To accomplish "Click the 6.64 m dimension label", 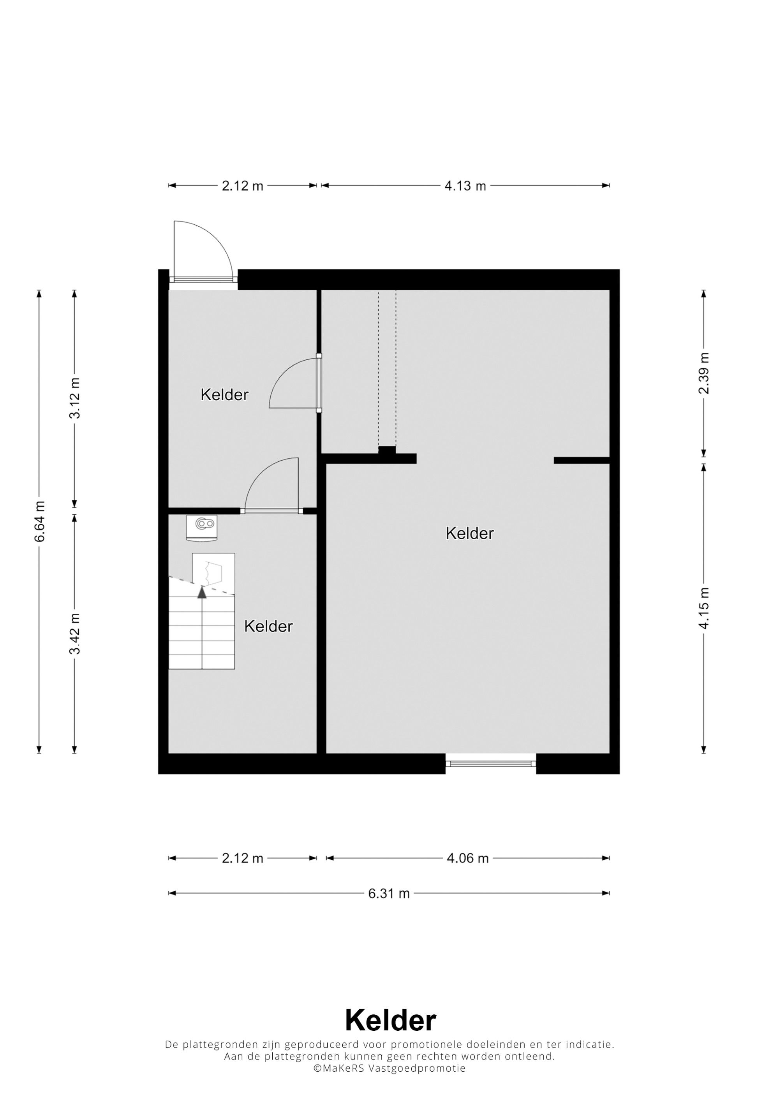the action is point(40,521).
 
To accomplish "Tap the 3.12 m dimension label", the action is point(75,398).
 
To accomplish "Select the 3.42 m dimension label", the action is point(75,634).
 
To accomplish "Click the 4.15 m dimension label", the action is point(704,607).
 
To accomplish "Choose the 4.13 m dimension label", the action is point(465,186).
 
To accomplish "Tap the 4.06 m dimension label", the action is point(467,858).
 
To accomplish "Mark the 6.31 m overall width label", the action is point(389,893).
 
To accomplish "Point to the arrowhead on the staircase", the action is point(202,592).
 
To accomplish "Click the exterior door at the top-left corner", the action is point(203,252).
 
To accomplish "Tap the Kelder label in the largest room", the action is point(469,533).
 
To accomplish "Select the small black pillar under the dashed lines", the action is point(387,450).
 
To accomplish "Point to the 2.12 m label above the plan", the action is point(242,186).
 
